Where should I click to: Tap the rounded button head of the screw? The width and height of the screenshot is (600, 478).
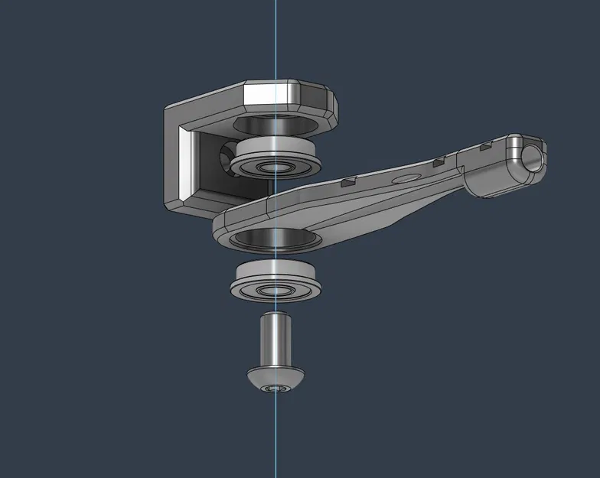click(276, 378)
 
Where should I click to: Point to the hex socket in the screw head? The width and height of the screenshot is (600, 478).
click(276, 389)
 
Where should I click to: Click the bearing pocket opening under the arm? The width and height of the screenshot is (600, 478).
click(276, 238)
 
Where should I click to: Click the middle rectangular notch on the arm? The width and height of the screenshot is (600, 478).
click(439, 162)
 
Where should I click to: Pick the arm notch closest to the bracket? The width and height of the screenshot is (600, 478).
click(348, 181)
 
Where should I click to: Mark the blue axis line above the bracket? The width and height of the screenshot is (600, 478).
click(276, 38)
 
